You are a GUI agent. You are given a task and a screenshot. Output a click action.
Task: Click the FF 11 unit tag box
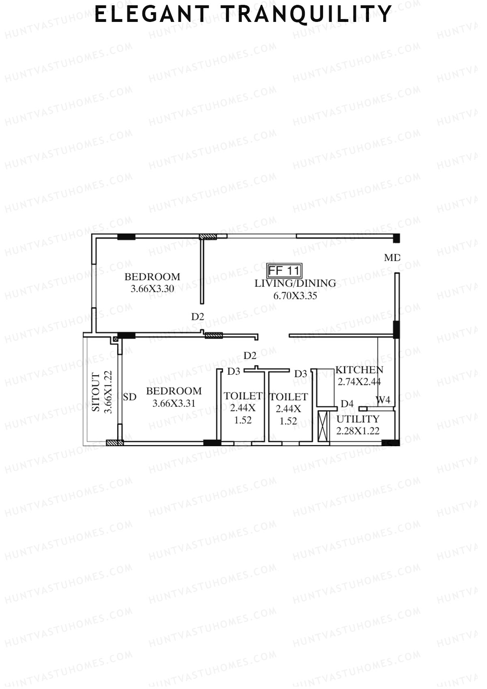point(284,270)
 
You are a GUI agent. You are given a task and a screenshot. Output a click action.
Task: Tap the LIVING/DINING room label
point(295,283)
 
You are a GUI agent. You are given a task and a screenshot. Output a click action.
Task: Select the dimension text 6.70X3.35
point(295,296)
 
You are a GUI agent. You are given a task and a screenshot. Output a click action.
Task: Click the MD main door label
point(392,257)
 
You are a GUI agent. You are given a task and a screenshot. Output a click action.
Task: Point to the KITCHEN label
point(359,370)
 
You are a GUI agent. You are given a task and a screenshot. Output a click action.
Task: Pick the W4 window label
point(383,400)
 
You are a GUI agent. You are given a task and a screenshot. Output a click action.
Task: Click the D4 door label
point(347,404)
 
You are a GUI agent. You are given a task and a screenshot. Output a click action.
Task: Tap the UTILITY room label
point(358,419)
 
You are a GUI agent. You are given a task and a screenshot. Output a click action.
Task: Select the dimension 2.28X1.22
point(358,431)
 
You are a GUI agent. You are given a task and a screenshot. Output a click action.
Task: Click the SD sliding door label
point(129,397)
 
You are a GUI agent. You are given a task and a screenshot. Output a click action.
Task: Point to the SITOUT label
point(96,392)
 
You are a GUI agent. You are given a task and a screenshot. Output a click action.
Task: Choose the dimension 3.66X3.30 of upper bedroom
point(152,289)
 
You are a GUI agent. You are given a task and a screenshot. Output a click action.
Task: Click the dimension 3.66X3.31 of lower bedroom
point(174,404)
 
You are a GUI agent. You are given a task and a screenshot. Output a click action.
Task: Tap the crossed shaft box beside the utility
point(323,426)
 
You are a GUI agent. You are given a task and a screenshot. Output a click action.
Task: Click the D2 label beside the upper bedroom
point(198,317)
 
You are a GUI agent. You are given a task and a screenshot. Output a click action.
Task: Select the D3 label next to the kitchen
point(301,374)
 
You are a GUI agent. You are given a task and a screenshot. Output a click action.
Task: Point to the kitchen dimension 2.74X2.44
point(359,382)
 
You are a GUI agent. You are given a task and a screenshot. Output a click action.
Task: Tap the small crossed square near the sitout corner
point(115,339)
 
